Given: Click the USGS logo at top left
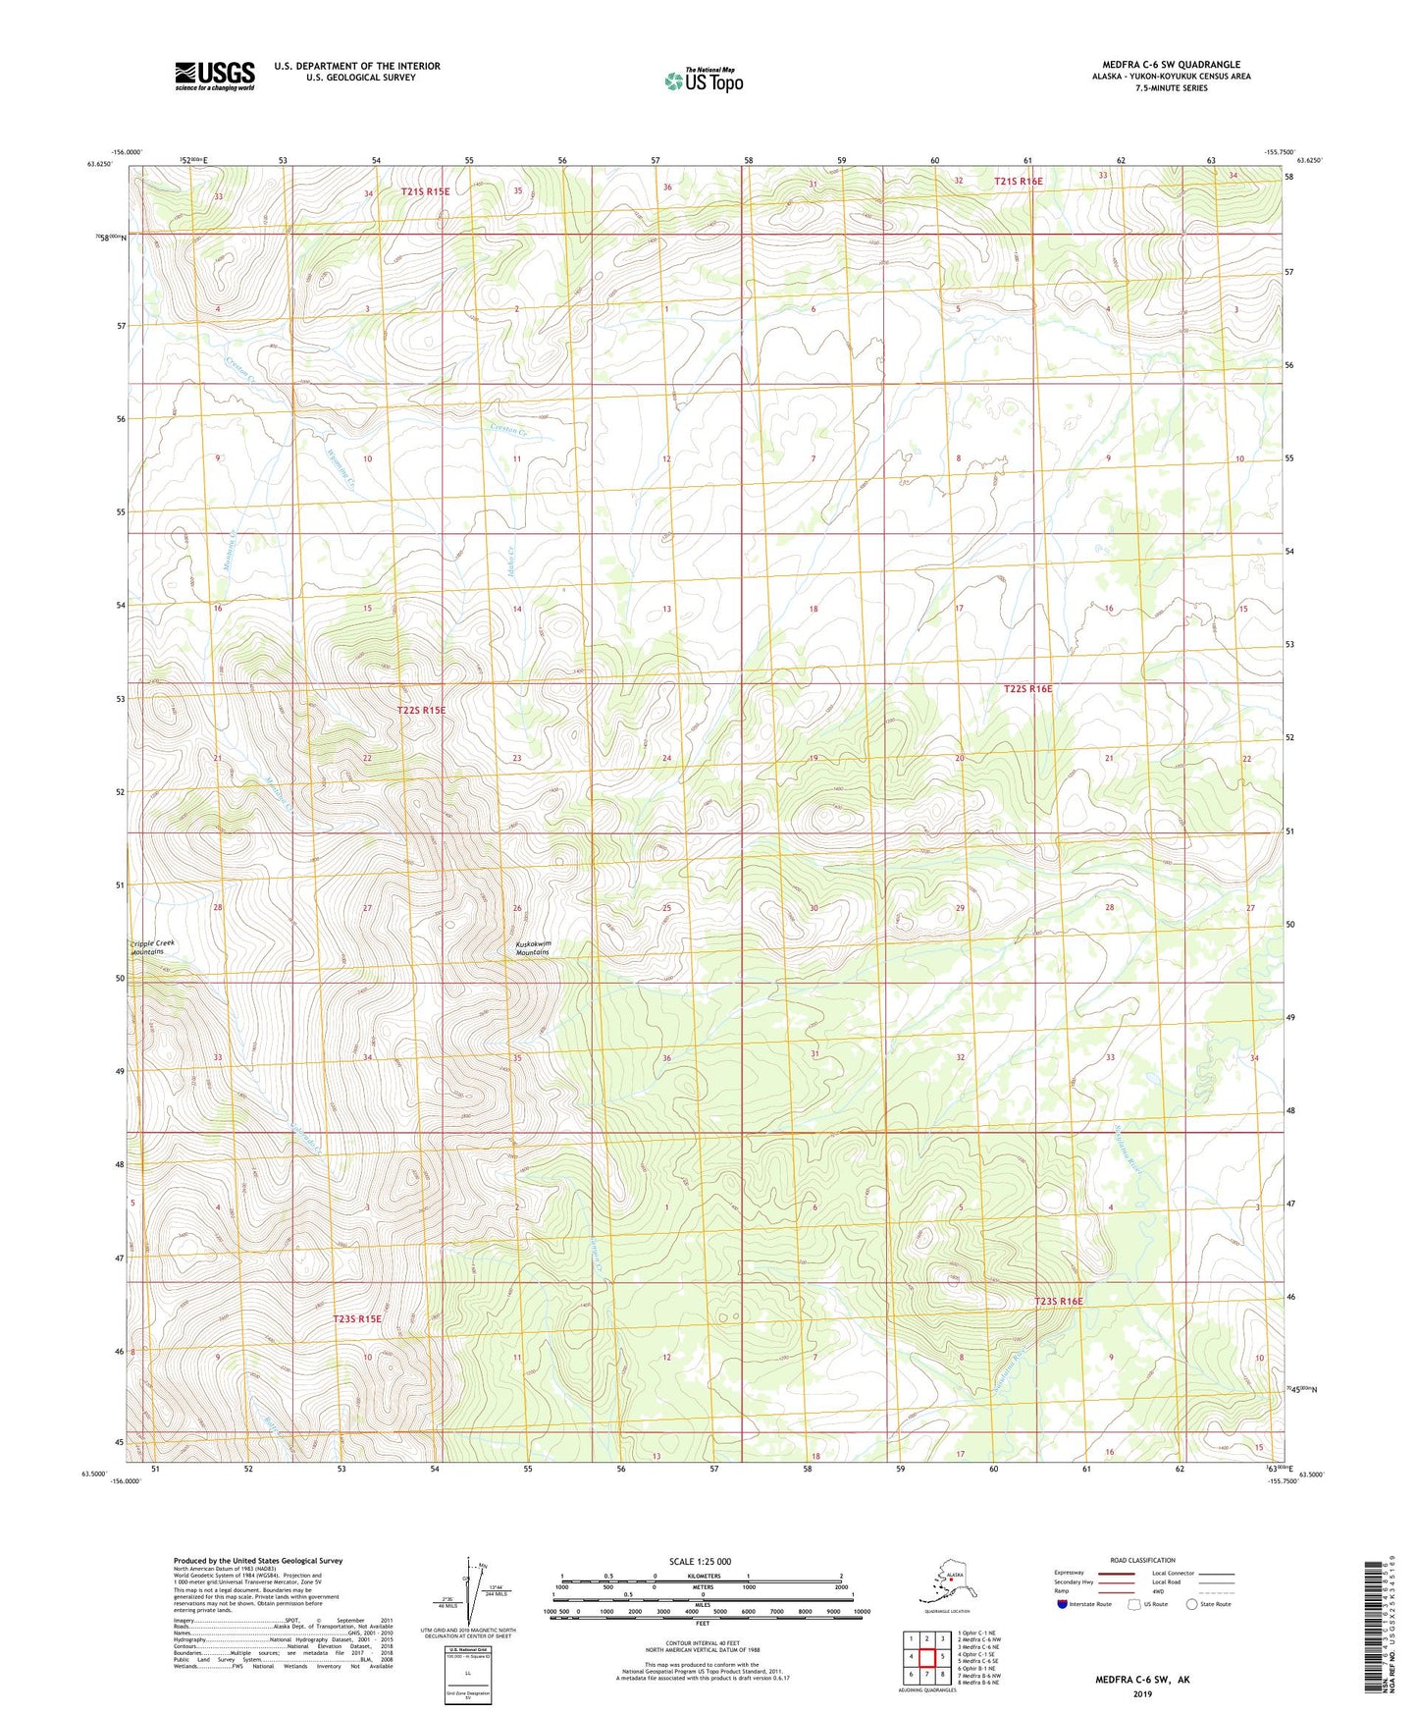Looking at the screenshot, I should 214,76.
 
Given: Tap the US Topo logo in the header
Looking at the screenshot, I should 703,80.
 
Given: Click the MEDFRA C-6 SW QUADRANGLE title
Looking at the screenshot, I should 1170,65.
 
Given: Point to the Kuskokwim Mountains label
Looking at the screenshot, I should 533,948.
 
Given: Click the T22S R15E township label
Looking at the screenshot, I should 421,710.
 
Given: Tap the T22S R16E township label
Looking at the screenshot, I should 1027,689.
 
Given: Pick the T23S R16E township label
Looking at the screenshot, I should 1059,1301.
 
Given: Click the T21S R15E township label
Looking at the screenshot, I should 425,191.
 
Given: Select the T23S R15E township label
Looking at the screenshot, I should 357,1319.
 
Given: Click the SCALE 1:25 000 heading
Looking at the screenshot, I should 700,1562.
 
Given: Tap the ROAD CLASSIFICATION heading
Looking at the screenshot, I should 1142,1560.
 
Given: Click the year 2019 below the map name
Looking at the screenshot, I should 1142,1693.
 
